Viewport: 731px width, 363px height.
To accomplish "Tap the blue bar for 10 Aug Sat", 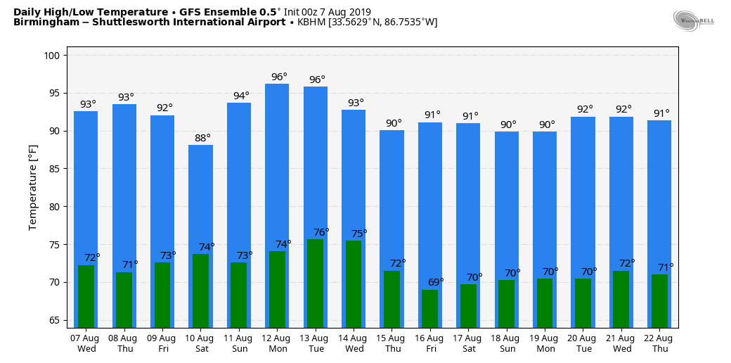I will click(x=200, y=197).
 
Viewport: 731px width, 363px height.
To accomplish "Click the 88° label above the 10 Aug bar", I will click(x=202, y=138).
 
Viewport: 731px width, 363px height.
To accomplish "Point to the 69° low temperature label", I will click(x=436, y=282).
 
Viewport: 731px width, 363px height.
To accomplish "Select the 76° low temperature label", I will click(x=321, y=232).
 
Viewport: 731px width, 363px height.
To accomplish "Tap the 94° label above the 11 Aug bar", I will click(x=241, y=96).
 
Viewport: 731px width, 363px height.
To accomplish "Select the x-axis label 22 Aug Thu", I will click(x=660, y=343).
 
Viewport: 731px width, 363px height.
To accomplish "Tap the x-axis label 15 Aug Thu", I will click(x=392, y=343).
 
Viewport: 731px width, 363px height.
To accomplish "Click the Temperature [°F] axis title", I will click(x=33, y=187).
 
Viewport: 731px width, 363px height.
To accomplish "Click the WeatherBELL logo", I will click(x=692, y=20).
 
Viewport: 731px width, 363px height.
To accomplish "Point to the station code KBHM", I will click(x=311, y=23).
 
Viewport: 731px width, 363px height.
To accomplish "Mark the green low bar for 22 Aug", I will click(x=659, y=300).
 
